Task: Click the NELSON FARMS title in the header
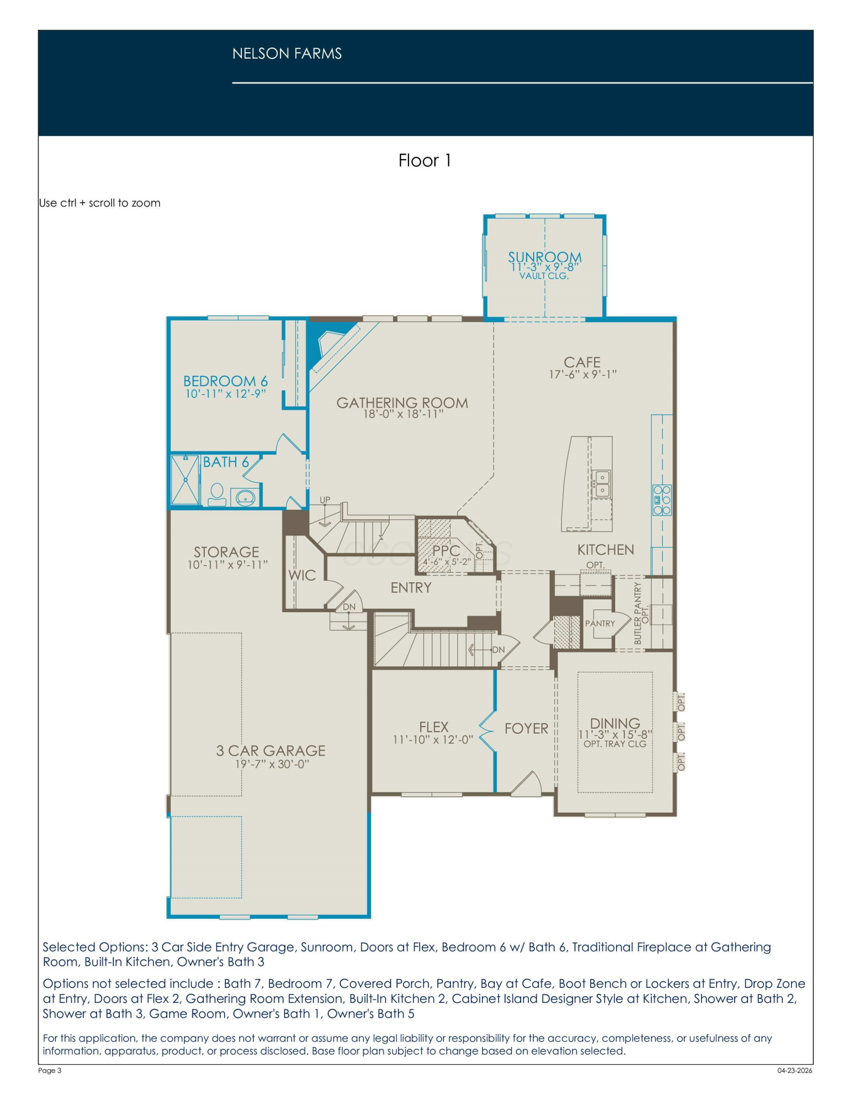(x=287, y=54)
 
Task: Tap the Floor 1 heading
(x=425, y=161)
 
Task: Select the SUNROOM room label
(x=544, y=256)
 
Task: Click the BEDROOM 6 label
(x=225, y=381)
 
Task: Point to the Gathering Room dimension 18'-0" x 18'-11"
(x=403, y=414)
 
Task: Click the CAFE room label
(x=582, y=362)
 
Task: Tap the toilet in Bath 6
(x=217, y=494)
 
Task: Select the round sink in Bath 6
(x=245, y=497)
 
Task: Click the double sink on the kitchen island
(x=601, y=483)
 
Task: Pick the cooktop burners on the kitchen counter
(x=662, y=500)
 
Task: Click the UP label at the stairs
(x=325, y=500)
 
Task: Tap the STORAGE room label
(x=226, y=552)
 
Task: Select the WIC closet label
(x=302, y=575)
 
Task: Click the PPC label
(x=446, y=551)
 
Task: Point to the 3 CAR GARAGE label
(x=271, y=750)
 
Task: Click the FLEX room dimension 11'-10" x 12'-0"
(x=433, y=740)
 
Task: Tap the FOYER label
(x=526, y=729)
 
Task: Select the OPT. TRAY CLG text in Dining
(x=614, y=744)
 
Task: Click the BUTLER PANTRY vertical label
(x=638, y=613)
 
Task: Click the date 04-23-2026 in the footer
(x=794, y=1070)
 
